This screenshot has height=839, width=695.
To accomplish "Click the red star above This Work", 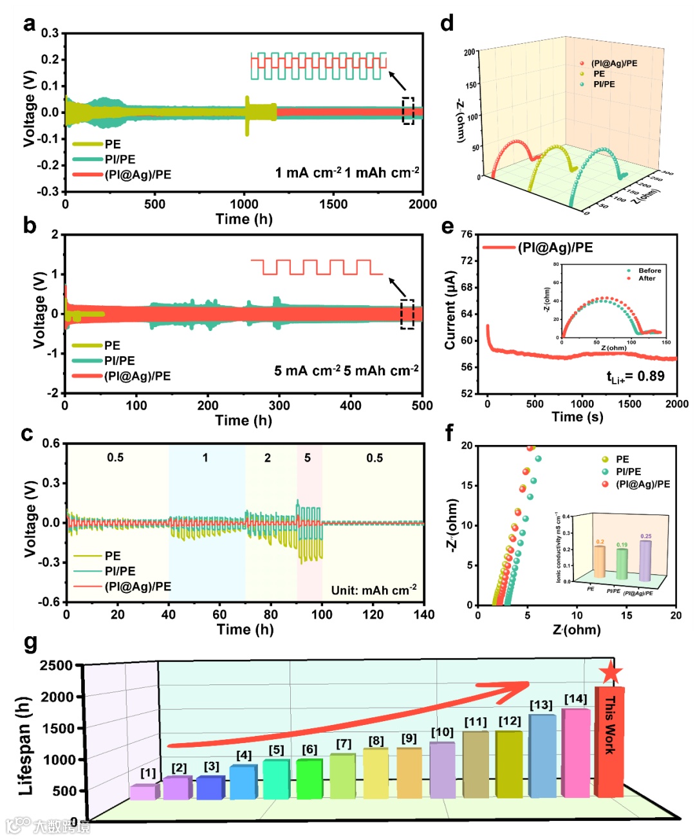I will pos(610,672).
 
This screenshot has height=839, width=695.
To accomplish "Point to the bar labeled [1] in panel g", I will pos(143,792).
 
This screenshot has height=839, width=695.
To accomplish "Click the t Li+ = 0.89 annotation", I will pos(635,377).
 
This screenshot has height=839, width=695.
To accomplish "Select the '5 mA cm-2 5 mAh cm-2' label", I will pos(346,371).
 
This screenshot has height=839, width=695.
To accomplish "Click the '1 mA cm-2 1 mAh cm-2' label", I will pos(347,173).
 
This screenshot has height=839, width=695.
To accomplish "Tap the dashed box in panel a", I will pos(408,110).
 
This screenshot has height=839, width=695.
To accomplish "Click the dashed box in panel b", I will pos(407,314).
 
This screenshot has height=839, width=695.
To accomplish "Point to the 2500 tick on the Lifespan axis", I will pos(57,665).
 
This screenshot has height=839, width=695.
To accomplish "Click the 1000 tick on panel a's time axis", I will pos(244,204).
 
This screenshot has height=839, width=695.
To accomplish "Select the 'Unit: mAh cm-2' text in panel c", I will pos(373,590).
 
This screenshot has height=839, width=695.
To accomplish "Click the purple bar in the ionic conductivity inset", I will pos(645,560).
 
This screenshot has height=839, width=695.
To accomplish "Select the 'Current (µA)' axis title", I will pos(450,310).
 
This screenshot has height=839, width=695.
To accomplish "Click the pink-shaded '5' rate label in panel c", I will pos(308,458).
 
